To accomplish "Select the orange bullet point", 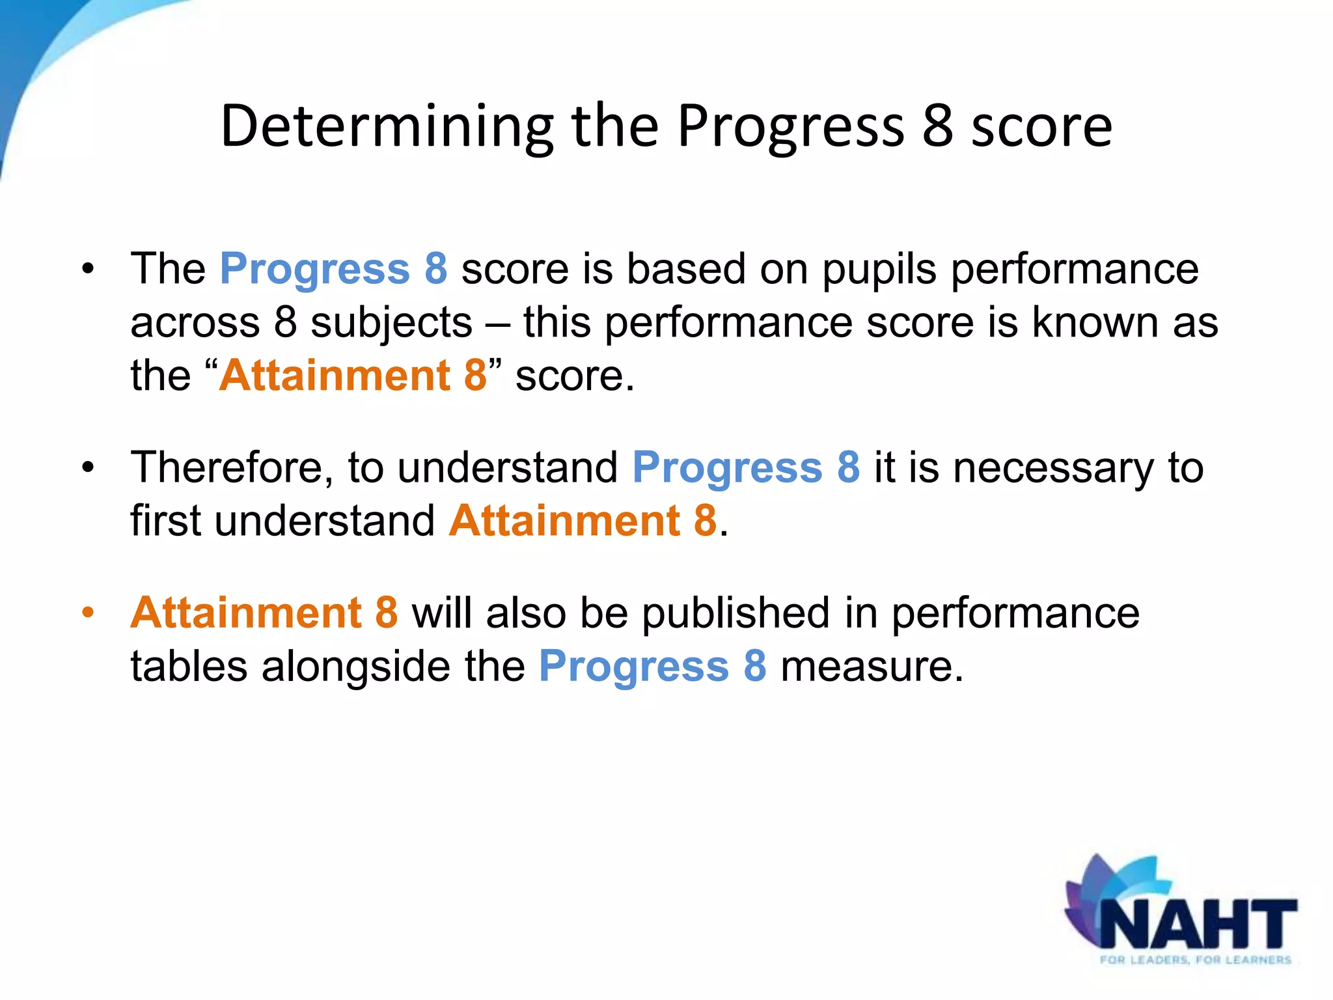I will click(x=88, y=613).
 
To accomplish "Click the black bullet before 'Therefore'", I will click(x=88, y=467).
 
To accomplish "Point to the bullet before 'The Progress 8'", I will click(x=88, y=269).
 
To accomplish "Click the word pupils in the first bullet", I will click(x=879, y=270).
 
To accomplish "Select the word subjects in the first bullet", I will click(x=391, y=324).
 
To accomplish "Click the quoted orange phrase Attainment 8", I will click(x=353, y=376).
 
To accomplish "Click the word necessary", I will click(x=1053, y=469).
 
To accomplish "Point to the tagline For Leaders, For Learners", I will click(x=1195, y=960).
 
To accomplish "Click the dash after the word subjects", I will click(x=497, y=324).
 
